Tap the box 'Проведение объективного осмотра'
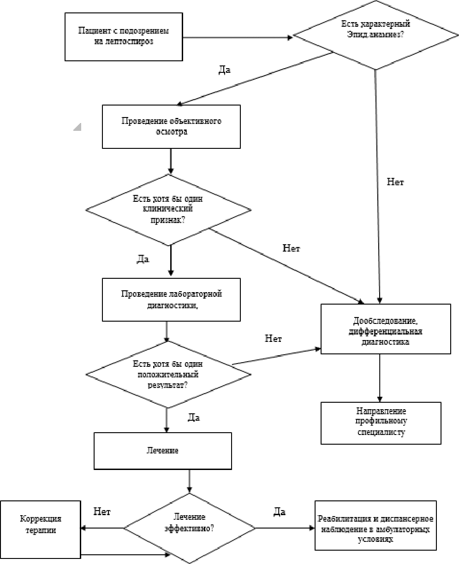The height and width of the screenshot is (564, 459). pos(171,127)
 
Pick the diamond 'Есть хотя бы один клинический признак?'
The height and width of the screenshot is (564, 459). pos(168,210)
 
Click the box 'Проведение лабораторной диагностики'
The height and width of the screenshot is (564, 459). pos(171,299)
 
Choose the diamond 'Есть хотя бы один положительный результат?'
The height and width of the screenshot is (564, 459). pos(168,374)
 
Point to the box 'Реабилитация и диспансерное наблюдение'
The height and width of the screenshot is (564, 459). pos(376,526)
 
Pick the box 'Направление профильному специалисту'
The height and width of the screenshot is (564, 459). pos(381,423)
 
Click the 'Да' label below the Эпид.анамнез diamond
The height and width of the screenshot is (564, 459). pos(224,70)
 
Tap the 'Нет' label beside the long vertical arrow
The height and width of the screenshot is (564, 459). pos(395,182)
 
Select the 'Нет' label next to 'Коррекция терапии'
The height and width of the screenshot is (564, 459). pos(102,511)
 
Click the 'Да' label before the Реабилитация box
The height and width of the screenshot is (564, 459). pos(280,511)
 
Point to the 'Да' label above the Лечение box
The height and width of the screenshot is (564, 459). pos(193,417)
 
